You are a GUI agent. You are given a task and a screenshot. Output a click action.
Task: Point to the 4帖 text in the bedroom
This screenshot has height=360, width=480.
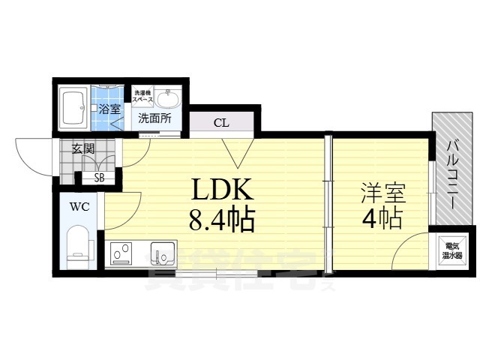(383, 220)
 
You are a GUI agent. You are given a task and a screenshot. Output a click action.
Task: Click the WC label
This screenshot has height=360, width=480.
(79, 206)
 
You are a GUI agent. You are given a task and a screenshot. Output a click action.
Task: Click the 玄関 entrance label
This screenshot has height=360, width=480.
(82, 148)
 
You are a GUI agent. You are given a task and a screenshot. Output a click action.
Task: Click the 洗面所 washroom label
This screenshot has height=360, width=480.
(154, 118)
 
